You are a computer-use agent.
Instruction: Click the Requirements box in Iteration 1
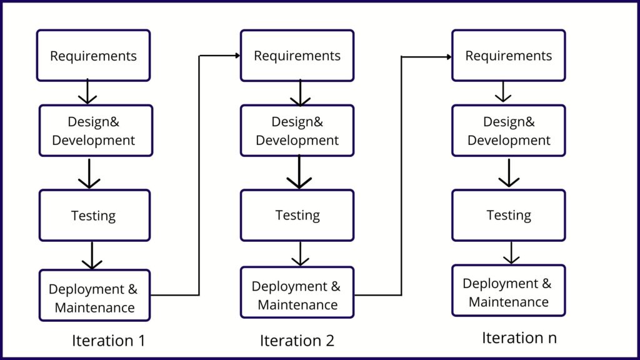point(93,56)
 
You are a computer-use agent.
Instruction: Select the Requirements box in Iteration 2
point(297,56)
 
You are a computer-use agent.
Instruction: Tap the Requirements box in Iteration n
point(508,56)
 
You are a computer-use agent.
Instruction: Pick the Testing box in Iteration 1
point(94,216)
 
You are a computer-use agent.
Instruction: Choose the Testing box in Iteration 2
point(297,215)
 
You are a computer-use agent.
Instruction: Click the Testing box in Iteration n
point(508,215)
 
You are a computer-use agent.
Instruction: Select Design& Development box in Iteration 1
point(94,131)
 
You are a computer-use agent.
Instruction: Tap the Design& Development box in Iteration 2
point(297,131)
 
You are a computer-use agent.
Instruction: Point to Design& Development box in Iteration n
point(508,131)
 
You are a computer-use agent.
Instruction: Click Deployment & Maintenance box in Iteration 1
point(94,297)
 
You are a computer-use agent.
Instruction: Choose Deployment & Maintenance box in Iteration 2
point(297,295)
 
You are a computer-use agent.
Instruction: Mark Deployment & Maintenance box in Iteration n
point(508,292)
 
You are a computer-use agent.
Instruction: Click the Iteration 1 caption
point(108,341)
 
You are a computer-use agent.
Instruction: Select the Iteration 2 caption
point(297,341)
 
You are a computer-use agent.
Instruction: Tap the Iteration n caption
point(519,338)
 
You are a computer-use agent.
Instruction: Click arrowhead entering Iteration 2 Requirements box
point(237,56)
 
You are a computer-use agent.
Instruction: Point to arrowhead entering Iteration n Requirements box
point(448,57)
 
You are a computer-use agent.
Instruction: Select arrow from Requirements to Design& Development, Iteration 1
point(87,92)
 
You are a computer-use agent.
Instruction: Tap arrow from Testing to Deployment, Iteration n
point(511,252)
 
